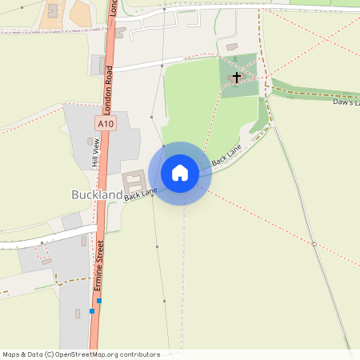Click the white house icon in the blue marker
(x=180, y=173)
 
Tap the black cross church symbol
(x=236, y=78)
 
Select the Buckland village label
(x=97, y=194)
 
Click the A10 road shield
(x=106, y=124)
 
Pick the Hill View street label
(x=95, y=152)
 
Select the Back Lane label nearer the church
(x=227, y=154)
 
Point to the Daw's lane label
(x=347, y=102)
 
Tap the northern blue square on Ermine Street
(x=99, y=300)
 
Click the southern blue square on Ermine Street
(x=93, y=310)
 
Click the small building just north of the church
(x=232, y=47)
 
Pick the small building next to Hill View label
(x=90, y=141)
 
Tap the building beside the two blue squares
(x=78, y=313)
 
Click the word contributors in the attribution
(x=140, y=354)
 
